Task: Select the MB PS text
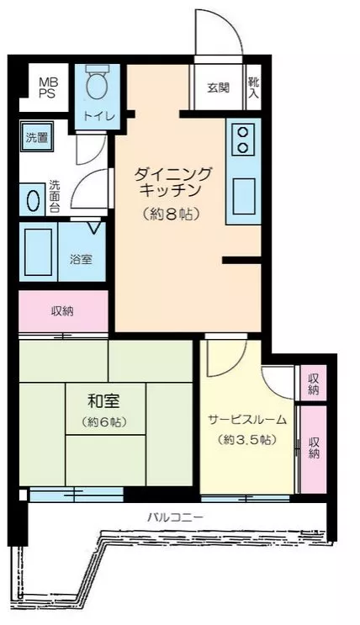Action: click(48, 87)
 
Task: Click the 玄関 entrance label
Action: click(219, 87)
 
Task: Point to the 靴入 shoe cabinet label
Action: click(253, 87)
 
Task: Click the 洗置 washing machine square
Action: click(37, 137)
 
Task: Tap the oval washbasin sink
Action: click(33, 200)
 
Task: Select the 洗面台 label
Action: click(54, 197)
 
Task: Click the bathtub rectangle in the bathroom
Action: click(39, 252)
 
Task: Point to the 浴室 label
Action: click(82, 259)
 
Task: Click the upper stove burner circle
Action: click(242, 131)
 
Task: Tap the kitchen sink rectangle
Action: click(244, 197)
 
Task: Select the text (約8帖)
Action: click(171, 215)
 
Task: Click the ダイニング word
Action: click(172, 174)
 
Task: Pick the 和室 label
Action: click(103, 401)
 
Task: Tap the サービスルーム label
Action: click(247, 419)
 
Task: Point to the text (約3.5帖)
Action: click(247, 439)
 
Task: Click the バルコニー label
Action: click(176, 517)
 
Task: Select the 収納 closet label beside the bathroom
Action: click(62, 311)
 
